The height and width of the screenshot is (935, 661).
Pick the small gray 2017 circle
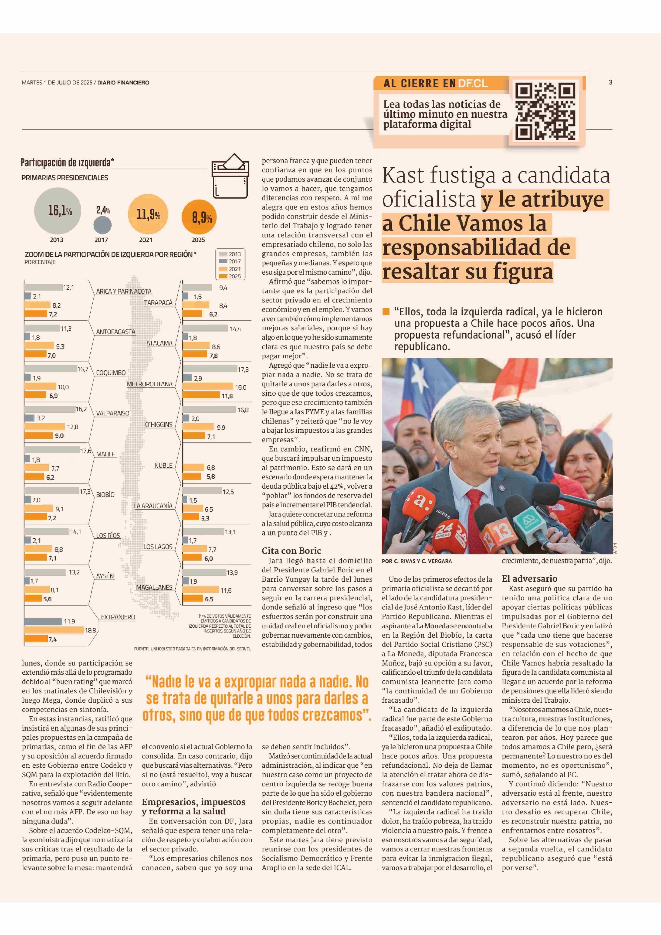[x=103, y=225]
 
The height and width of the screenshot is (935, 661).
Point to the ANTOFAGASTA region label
[x=116, y=332]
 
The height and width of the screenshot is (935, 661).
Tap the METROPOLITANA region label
[x=149, y=384]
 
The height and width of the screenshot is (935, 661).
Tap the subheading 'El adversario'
[x=529, y=579]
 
